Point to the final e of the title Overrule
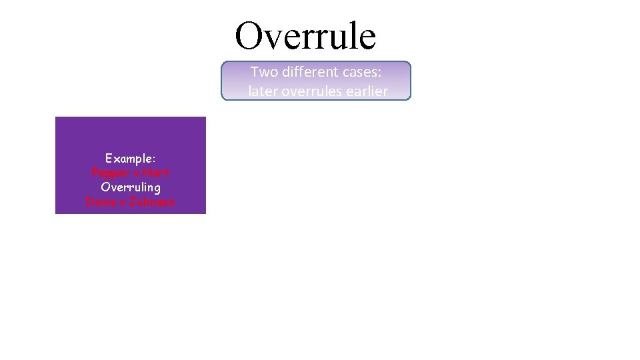click(367, 39)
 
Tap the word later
click(263, 91)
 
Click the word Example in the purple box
click(129, 159)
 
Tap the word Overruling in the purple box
click(131, 187)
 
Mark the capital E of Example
click(109, 159)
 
